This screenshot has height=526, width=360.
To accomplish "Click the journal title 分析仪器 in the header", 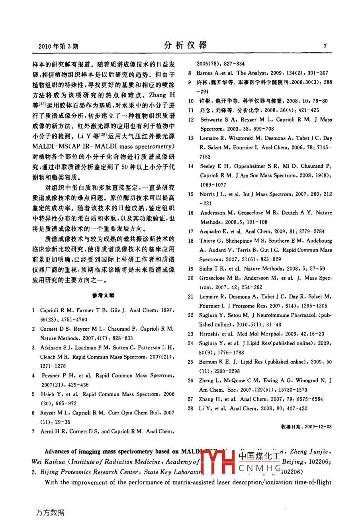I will (x=185, y=45).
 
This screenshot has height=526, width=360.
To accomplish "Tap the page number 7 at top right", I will (x=325, y=46).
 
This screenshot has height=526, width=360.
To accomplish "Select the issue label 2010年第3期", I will (x=59, y=46).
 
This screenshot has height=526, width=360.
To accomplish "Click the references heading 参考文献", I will (x=103, y=295).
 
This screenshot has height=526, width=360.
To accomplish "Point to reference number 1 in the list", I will (x=33, y=310).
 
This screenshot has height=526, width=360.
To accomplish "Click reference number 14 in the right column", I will (x=191, y=166).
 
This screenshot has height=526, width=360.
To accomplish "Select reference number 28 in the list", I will (x=190, y=408).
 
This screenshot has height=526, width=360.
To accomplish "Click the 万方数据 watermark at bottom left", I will (x=50, y=512).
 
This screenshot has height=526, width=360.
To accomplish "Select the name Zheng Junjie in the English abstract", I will (x=309, y=451).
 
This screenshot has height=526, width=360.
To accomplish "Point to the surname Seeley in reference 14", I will (x=208, y=166).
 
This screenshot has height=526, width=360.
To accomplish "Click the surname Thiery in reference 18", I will (x=207, y=241).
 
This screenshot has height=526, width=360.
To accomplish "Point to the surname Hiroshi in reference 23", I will (x=208, y=334).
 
